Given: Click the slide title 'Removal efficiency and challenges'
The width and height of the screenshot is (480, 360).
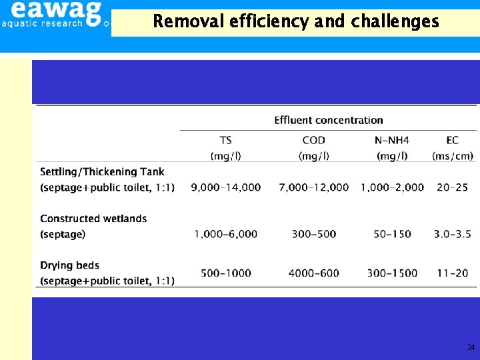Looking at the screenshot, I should click(296, 21).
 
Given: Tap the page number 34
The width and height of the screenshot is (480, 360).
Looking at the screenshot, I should click(471, 347).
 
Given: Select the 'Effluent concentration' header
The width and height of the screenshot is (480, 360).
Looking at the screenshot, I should click(329, 121).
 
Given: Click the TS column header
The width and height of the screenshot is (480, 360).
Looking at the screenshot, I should click(226, 140).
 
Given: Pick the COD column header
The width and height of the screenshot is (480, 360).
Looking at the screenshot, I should click(313, 140).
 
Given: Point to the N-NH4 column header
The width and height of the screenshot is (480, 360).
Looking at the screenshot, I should click(392, 140).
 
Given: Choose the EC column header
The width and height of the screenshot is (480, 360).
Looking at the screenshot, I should click(453, 140).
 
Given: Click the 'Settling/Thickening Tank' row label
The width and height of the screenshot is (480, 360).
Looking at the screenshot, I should click(102, 172).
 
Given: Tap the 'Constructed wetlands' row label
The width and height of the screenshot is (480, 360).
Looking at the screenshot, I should click(93, 219).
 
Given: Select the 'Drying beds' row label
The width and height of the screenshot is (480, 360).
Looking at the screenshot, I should click(67, 265).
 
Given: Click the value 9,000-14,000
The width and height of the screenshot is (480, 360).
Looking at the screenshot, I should click(226, 187).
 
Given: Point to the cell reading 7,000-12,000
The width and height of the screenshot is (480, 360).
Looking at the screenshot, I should click(313, 187).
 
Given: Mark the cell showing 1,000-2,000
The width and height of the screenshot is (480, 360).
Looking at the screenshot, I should click(392, 187).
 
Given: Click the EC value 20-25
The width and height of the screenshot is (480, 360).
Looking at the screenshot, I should click(452, 187).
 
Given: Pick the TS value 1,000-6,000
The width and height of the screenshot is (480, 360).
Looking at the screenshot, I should click(226, 234).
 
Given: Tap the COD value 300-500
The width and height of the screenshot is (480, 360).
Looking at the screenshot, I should click(313, 234).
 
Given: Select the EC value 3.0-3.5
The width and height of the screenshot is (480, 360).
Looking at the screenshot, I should click(452, 234).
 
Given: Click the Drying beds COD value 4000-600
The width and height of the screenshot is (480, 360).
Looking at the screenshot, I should click(313, 273).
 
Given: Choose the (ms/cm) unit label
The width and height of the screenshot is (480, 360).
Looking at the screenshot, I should click(453, 156).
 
